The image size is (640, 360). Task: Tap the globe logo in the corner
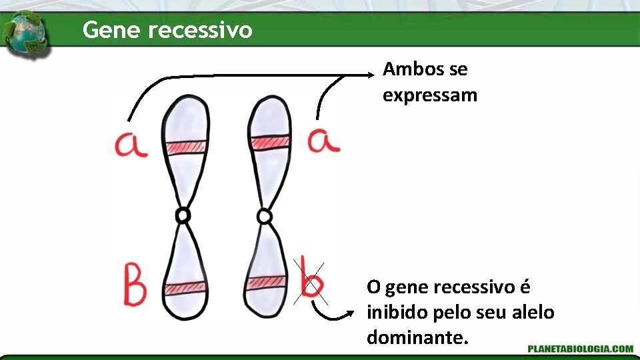point(25,34)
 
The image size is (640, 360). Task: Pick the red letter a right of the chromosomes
point(324,140)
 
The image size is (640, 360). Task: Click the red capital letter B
point(135,285)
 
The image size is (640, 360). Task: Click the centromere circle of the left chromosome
point(182,215)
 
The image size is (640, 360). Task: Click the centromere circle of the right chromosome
point(265,216)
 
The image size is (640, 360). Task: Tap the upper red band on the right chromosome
point(270,142)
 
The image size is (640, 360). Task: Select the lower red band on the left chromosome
point(185,288)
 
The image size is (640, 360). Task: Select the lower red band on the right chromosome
point(265,283)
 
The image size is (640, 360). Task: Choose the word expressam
point(430,95)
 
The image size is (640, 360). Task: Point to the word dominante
point(417,337)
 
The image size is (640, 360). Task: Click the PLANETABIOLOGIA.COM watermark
point(580,348)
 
